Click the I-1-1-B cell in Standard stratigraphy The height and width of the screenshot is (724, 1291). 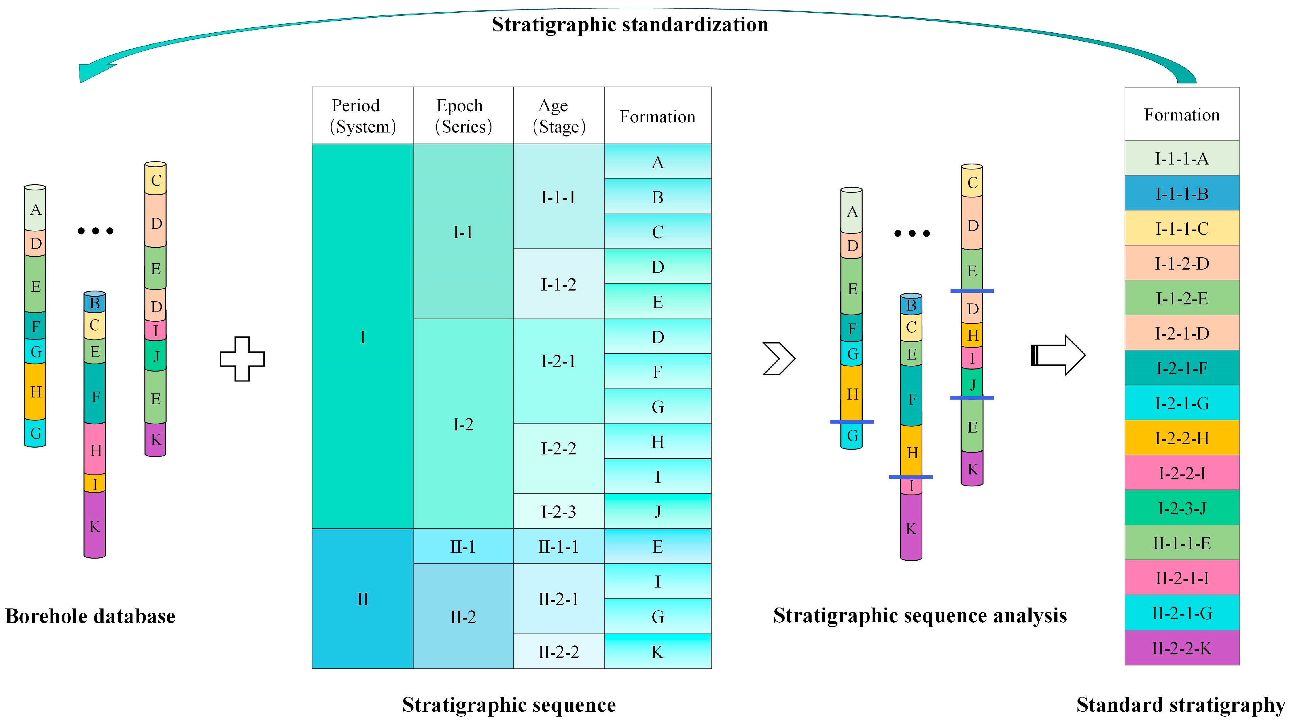tap(1181, 193)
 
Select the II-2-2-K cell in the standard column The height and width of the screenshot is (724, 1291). tap(1181, 648)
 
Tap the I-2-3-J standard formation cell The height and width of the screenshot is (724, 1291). tap(1181, 508)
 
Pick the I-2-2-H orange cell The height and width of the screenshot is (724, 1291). tap(1181, 438)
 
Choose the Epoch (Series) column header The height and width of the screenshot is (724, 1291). tap(463, 116)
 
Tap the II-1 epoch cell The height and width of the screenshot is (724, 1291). tap(463, 546)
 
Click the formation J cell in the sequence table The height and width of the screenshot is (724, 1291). tap(658, 511)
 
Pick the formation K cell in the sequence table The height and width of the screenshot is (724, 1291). tap(658, 651)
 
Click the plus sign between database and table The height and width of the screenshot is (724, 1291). tap(242, 359)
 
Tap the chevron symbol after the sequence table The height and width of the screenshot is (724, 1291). tap(778, 358)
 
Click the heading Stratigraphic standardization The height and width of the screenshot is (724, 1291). tap(629, 24)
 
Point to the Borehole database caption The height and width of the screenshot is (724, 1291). tap(90, 616)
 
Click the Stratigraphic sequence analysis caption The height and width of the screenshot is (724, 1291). tap(920, 615)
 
